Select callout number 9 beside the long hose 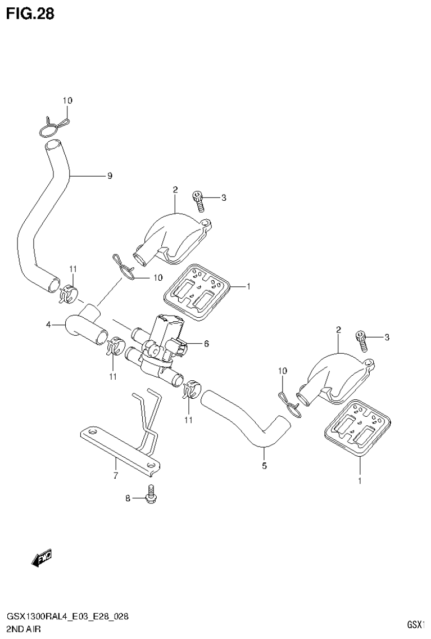(110, 176)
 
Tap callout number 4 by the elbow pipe (49, 325)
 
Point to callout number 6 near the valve (206, 343)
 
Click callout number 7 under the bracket (116, 476)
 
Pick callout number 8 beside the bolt (128, 498)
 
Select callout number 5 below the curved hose (264, 465)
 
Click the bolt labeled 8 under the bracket (150, 494)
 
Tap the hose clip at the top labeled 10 (54, 125)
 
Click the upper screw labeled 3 (197, 198)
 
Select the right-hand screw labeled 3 (360, 337)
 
